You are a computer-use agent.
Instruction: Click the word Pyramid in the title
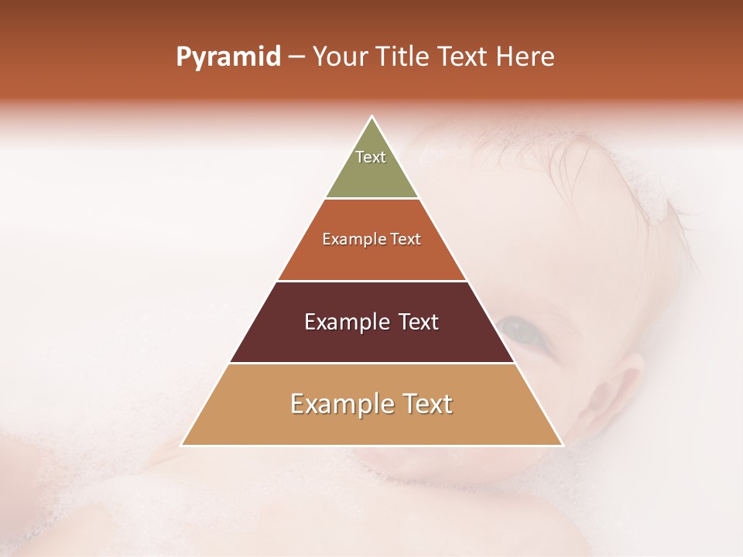[228, 57]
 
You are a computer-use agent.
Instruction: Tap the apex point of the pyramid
[372, 118]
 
